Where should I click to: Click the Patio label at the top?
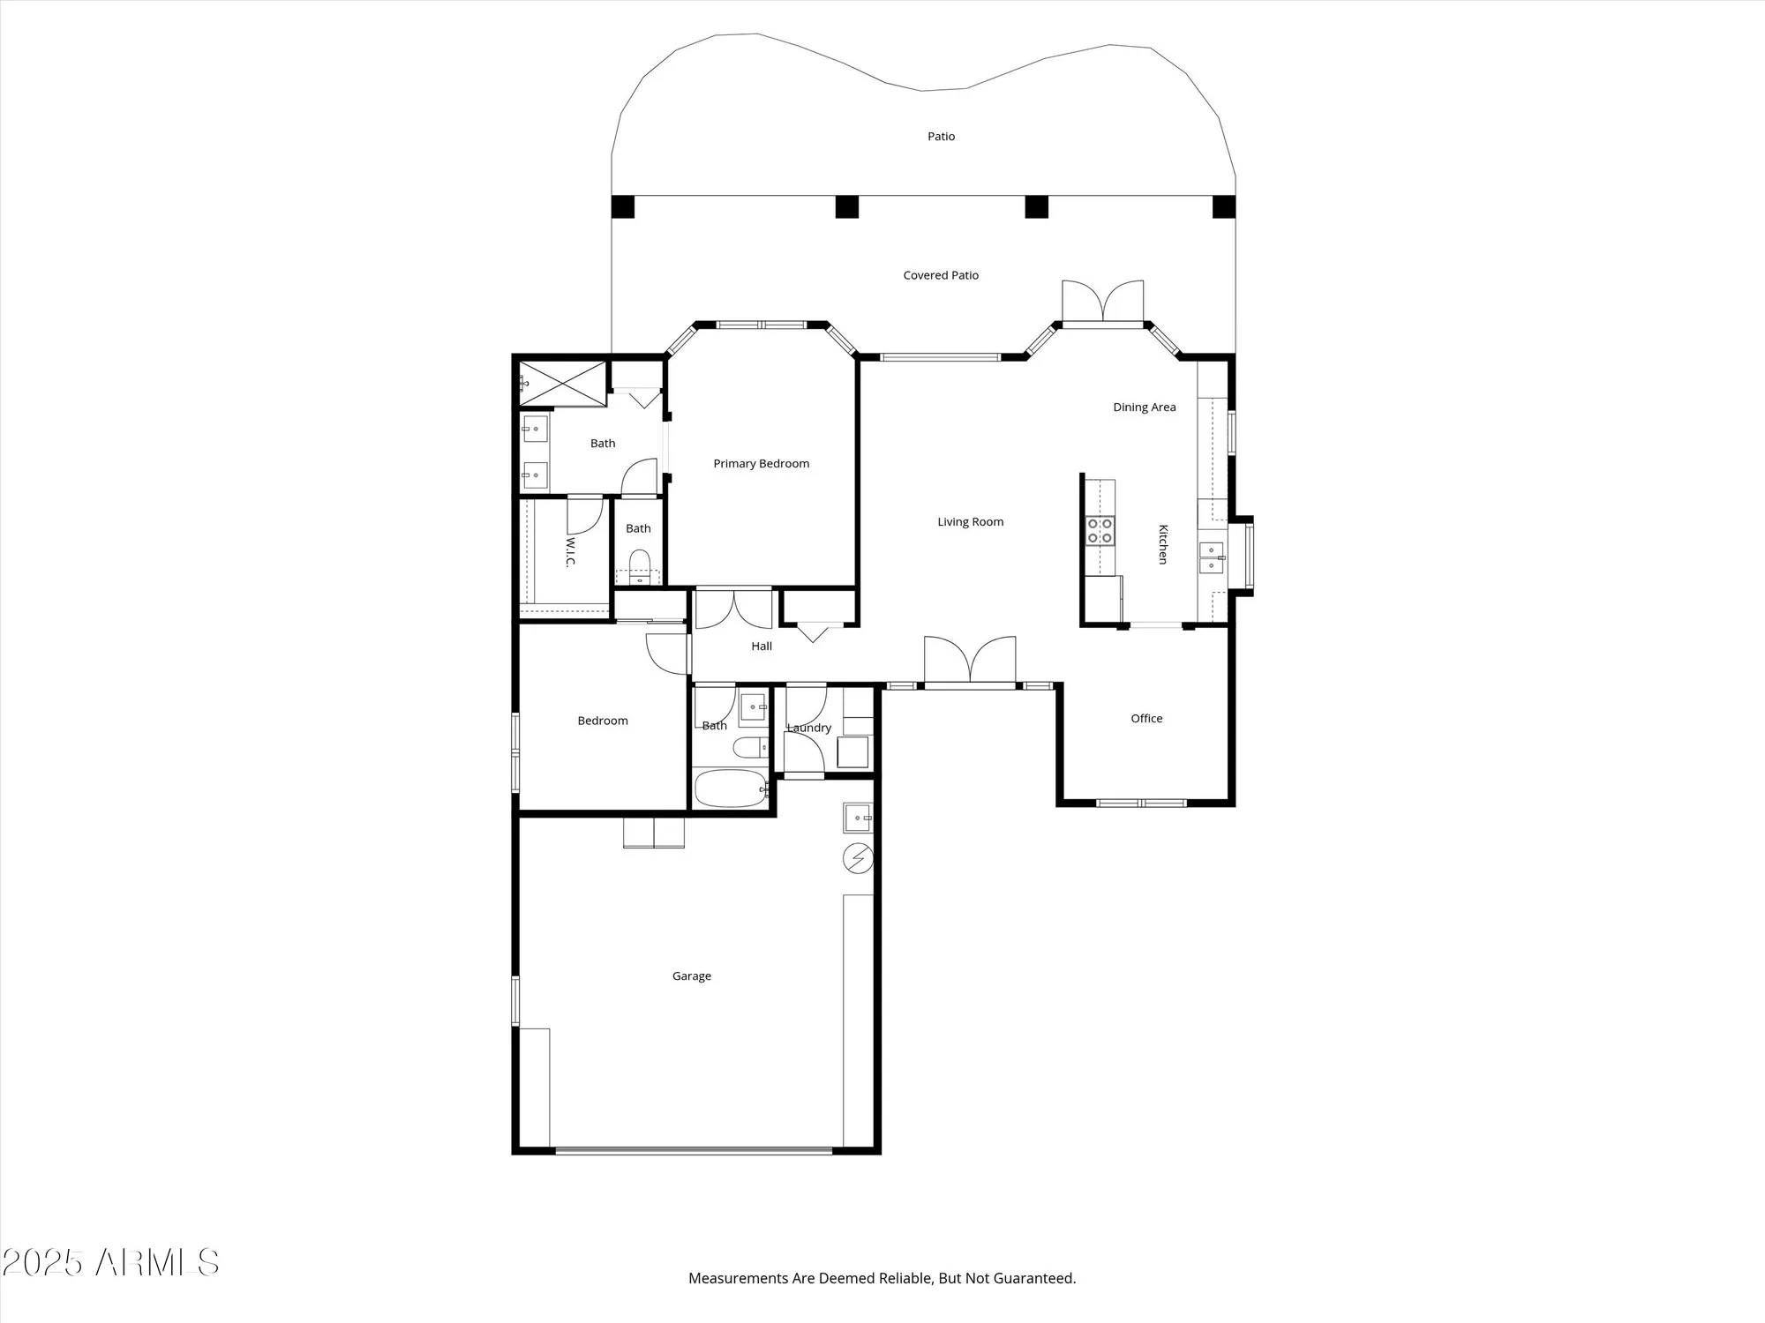click(x=941, y=137)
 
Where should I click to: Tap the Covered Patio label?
click(x=941, y=275)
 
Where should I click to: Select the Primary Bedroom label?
click(x=761, y=464)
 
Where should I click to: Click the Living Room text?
click(x=970, y=522)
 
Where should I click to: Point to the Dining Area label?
click(x=1144, y=407)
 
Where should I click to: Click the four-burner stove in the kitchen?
click(x=1100, y=531)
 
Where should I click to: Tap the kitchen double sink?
click(x=1211, y=558)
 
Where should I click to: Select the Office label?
click(x=1146, y=719)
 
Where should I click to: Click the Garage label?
click(x=691, y=976)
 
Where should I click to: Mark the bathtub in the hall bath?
click(x=730, y=789)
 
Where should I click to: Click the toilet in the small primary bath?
click(x=639, y=564)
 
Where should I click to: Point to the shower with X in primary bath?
click(x=562, y=384)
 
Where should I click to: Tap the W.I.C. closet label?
click(x=570, y=552)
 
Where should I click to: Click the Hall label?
click(x=761, y=647)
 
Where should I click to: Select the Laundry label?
click(x=809, y=729)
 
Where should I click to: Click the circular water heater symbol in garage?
click(x=858, y=858)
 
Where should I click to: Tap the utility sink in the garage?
click(x=857, y=818)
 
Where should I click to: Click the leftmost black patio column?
click(x=623, y=207)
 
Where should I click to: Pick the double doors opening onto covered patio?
click(x=1102, y=303)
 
